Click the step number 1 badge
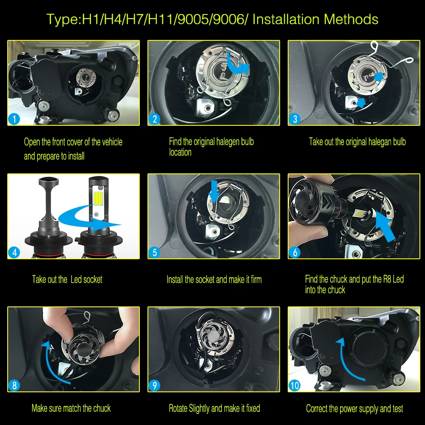pyautogui.click(x=14, y=119)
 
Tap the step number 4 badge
pyautogui.click(x=14, y=252)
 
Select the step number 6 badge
pyautogui.click(x=295, y=252)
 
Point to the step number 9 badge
pyautogui.click(x=155, y=385)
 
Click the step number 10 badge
pyautogui.click(x=295, y=385)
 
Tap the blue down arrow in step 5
pyautogui.click(x=214, y=191)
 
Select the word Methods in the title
pyautogui.click(x=351, y=19)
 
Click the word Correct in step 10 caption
pyautogui.click(x=316, y=408)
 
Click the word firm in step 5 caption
pyautogui.click(x=256, y=280)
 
